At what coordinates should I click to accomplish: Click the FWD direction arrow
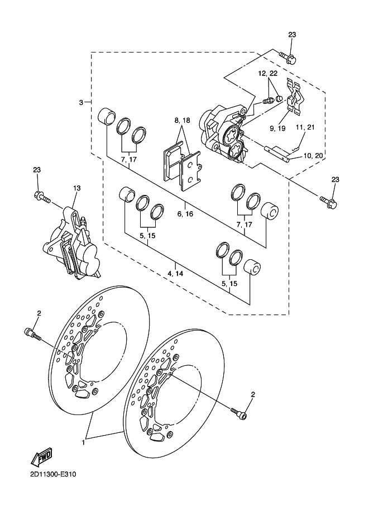(x=41, y=456)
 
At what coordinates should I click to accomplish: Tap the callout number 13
(x=76, y=188)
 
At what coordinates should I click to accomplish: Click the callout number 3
(x=82, y=102)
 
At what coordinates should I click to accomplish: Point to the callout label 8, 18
(x=182, y=120)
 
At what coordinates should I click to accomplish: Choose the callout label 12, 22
(x=268, y=74)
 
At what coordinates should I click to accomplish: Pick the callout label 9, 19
(x=277, y=128)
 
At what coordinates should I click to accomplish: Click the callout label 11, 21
(x=305, y=127)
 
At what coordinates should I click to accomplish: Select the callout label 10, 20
(x=313, y=156)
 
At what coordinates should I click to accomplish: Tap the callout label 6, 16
(x=185, y=214)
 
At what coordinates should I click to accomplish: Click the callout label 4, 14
(x=175, y=274)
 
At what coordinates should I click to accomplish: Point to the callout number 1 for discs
(x=83, y=442)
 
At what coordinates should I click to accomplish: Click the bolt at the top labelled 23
(x=287, y=59)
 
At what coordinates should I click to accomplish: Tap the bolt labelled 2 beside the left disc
(x=32, y=335)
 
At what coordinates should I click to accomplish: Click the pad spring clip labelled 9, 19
(x=295, y=97)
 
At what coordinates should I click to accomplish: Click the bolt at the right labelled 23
(x=328, y=202)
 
